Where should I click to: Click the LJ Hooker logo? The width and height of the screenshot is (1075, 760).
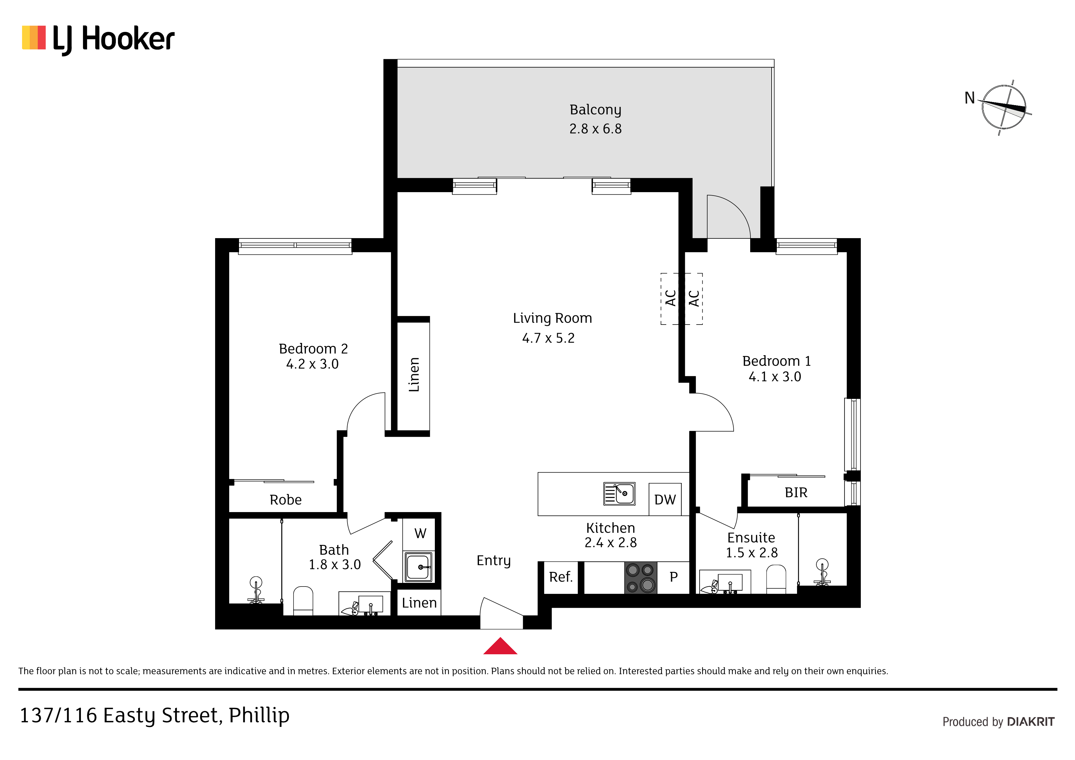pyautogui.click(x=98, y=39)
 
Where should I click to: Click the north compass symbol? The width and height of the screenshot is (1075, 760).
pyautogui.click(x=1003, y=107)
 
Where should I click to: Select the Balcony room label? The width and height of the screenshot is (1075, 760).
pyautogui.click(x=595, y=110)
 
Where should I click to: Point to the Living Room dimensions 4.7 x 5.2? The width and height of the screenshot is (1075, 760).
pyautogui.click(x=548, y=338)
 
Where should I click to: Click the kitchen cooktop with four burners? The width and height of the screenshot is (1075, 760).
pyautogui.click(x=640, y=578)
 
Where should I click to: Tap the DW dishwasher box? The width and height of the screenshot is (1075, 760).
pyautogui.click(x=665, y=499)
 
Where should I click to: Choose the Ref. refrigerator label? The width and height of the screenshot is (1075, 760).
pyautogui.click(x=560, y=577)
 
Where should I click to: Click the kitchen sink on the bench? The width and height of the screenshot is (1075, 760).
pyautogui.click(x=619, y=494)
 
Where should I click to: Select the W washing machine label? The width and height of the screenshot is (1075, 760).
pyautogui.click(x=420, y=533)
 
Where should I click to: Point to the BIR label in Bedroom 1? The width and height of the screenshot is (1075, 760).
pyautogui.click(x=796, y=492)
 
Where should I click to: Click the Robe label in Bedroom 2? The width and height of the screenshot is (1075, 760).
pyautogui.click(x=286, y=500)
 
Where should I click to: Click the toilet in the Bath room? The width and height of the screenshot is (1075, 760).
pyautogui.click(x=303, y=601)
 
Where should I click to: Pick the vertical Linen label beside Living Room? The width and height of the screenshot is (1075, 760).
pyautogui.click(x=414, y=374)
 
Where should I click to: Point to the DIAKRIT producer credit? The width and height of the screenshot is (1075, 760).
pyautogui.click(x=1031, y=722)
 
